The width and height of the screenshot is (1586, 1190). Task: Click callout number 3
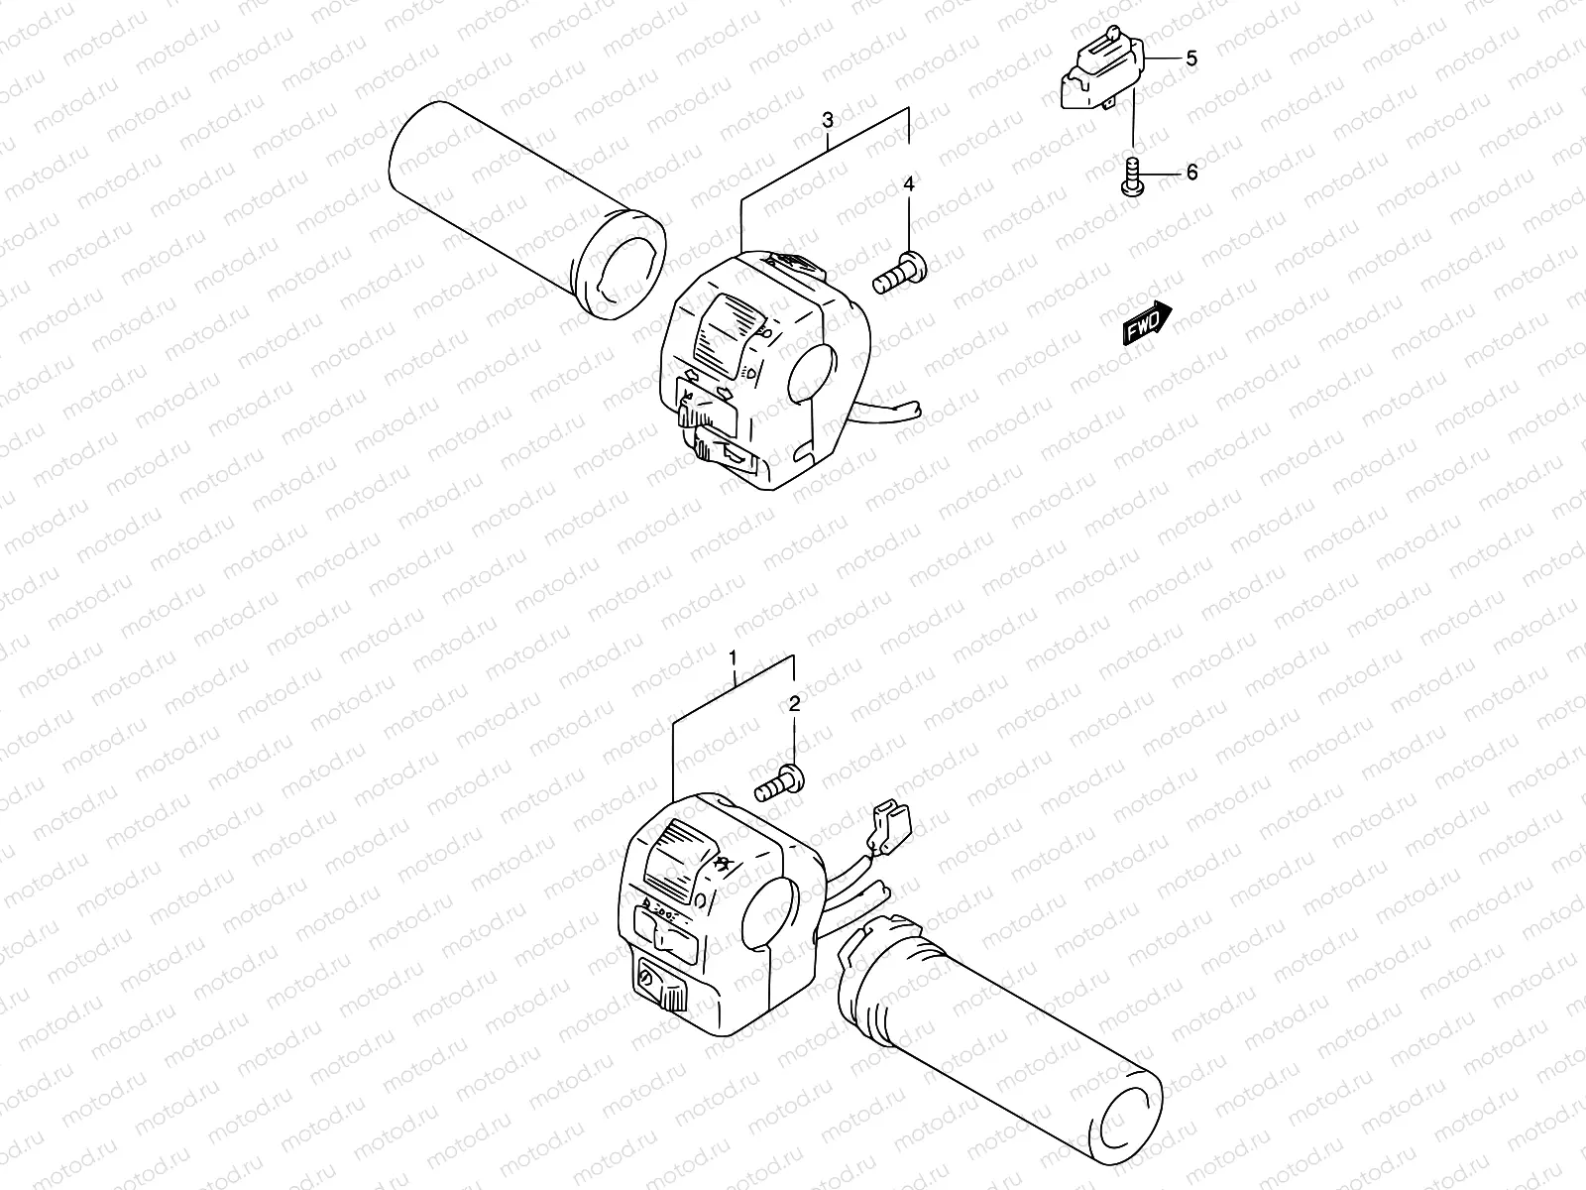point(828,120)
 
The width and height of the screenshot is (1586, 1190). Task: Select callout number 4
point(908,184)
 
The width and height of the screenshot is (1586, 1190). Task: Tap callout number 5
point(1191,59)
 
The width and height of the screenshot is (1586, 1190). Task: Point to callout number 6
point(1191,173)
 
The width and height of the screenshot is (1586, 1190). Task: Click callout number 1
point(733,658)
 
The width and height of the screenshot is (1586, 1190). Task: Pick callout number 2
point(794,705)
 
